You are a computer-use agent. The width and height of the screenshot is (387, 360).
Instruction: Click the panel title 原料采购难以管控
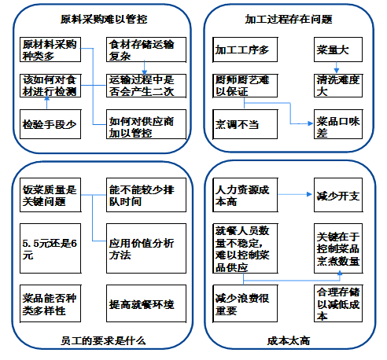click(x=98, y=17)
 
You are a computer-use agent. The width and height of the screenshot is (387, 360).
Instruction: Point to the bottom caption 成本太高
click(x=288, y=340)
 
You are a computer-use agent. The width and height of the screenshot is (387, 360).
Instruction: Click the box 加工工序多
click(x=241, y=50)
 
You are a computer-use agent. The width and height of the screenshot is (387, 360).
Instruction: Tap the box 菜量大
click(x=334, y=50)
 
